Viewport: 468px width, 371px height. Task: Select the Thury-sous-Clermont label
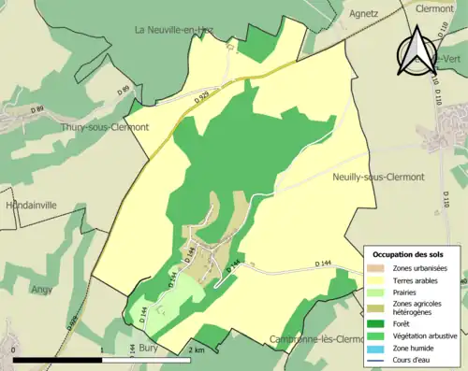[105, 127]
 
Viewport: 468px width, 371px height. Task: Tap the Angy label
[44, 290]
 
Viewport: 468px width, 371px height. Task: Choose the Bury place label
[148, 347]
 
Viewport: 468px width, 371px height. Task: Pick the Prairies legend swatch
[376, 291]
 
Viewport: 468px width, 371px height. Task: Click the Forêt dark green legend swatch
[376, 324]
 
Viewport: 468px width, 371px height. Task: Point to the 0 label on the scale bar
[13, 350]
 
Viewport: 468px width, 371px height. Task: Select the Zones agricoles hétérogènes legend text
[417, 307]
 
